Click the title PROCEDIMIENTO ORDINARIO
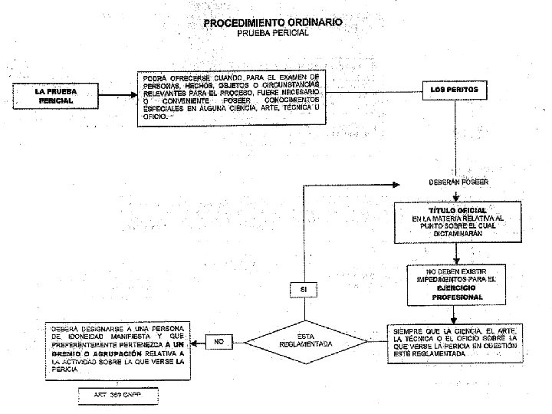coord(273,22)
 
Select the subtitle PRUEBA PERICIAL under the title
coord(273,34)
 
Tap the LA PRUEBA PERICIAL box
coord(55,96)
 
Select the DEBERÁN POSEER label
coord(458,182)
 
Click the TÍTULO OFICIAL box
coord(457,222)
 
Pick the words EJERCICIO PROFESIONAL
coord(456,292)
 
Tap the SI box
coord(304,289)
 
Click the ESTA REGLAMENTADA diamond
coord(305,340)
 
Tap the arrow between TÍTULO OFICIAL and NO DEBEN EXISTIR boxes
coord(456,254)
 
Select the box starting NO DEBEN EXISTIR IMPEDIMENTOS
coord(456,284)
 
